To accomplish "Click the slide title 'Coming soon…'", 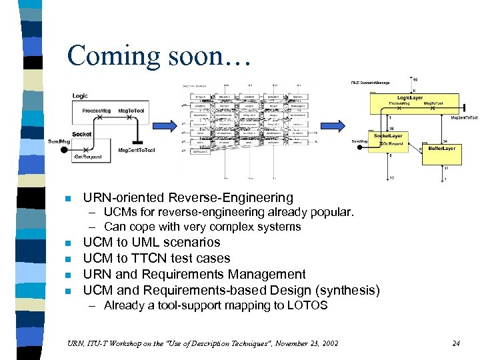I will click(158, 55).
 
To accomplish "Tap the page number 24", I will click(456, 344).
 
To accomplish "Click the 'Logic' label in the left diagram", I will click(80, 96).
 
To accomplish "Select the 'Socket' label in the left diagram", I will click(81, 135).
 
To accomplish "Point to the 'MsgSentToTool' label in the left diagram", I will click(137, 150).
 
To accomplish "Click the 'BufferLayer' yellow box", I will click(441, 148).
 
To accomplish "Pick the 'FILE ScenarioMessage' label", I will click(371, 83).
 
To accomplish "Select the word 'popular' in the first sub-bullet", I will click(331, 213).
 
